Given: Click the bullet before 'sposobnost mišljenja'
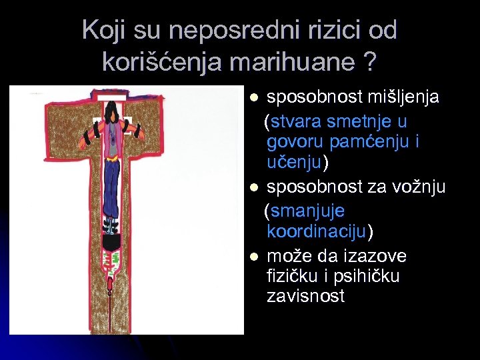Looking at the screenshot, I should click(x=253, y=98).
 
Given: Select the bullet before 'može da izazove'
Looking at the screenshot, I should click(x=253, y=257).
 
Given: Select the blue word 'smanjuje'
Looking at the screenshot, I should click(x=307, y=212).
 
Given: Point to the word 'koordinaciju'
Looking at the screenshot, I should click(x=317, y=231).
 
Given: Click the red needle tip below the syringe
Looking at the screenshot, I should click(x=109, y=287).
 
